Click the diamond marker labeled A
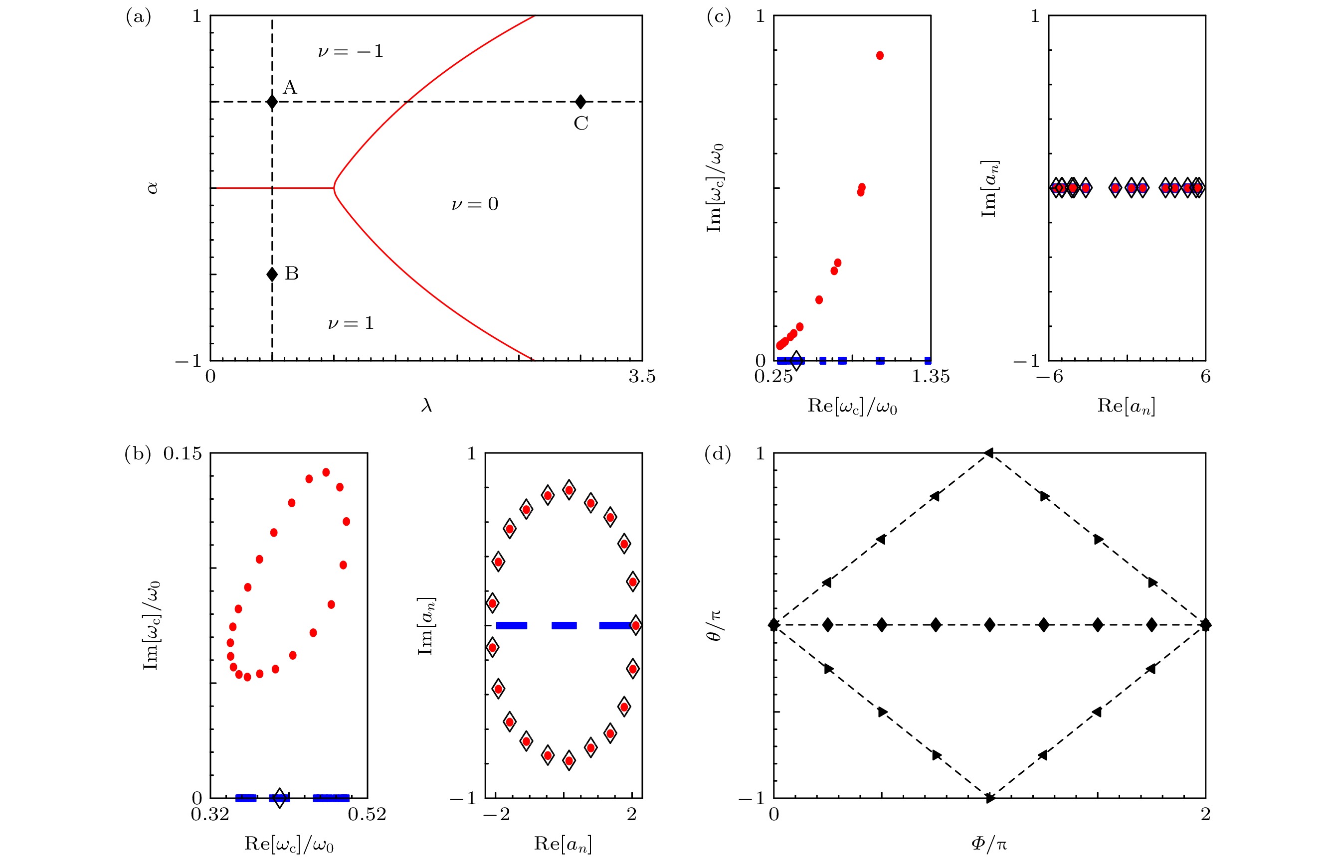pos(272,102)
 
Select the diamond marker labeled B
pos(272,274)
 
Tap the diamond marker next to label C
pos(581,102)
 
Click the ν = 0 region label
pos(474,204)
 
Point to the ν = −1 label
pos(351,51)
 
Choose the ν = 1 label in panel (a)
pos(351,323)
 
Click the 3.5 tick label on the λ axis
pos(641,377)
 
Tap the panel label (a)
pos(138,17)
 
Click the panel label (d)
pos(717,454)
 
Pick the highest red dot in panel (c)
pos(880,55)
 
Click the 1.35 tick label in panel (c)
pos(930,377)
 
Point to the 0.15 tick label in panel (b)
pos(182,453)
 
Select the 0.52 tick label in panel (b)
pos(367,814)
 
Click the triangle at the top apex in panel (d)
pos(989,453)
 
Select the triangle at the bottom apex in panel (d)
pos(989,797)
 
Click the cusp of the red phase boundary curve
pos(334,188)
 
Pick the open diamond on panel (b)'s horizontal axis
pos(279,797)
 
